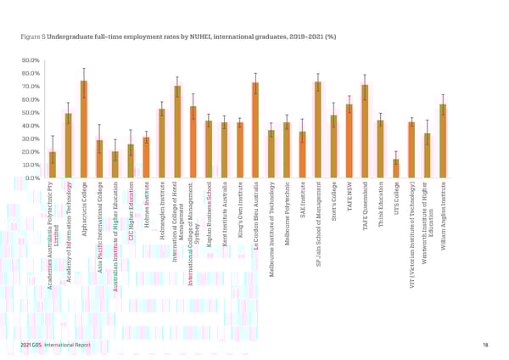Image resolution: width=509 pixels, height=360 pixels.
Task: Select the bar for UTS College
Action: tap(396, 169)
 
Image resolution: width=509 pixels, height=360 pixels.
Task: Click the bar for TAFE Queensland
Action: tap(365, 132)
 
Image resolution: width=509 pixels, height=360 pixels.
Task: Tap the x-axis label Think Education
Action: tap(381, 205)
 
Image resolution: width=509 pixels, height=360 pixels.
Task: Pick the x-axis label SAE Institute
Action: tap(302, 200)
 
